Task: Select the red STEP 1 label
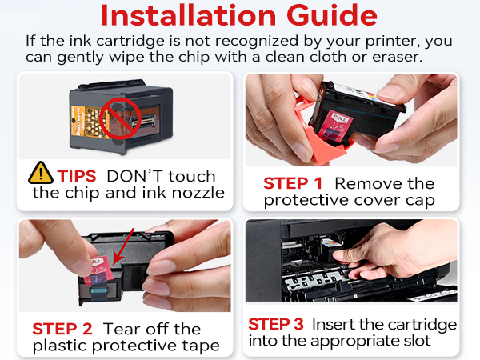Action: (x=295, y=183)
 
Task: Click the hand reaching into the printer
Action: (x=376, y=260)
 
